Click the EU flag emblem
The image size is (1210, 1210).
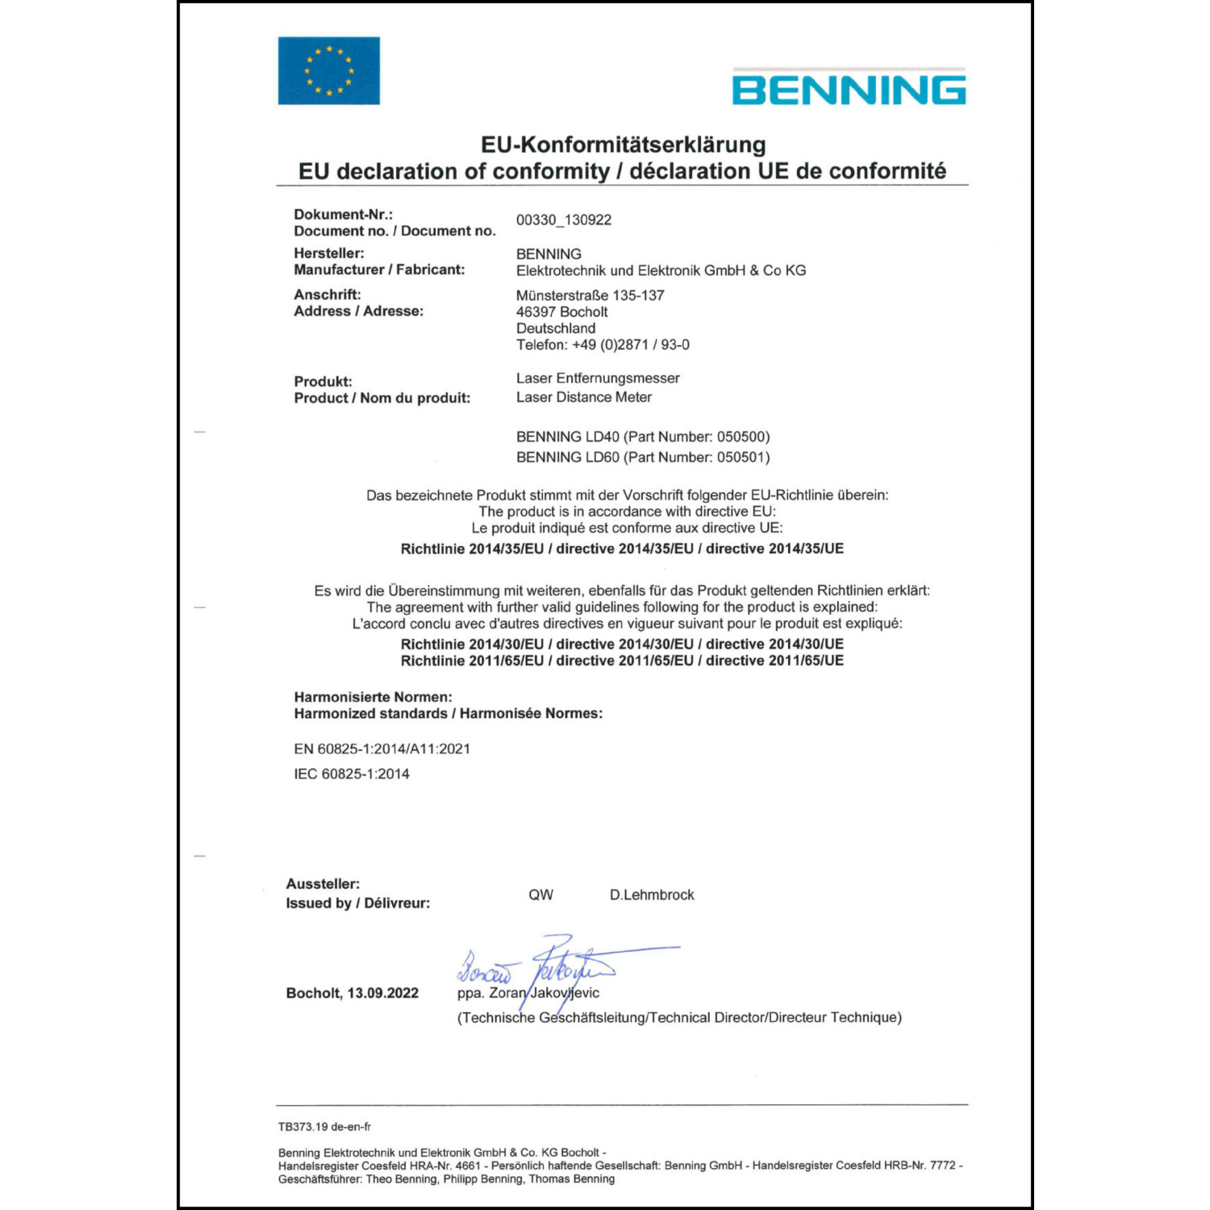(x=328, y=70)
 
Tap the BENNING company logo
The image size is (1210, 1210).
(x=849, y=89)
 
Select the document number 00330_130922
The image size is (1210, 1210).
(x=564, y=220)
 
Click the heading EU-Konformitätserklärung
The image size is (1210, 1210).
(x=623, y=144)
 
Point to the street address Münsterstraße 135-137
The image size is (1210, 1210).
(x=590, y=295)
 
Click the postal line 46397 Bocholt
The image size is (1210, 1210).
(x=561, y=312)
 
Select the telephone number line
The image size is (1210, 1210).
(x=603, y=345)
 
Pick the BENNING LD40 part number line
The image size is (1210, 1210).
(x=643, y=437)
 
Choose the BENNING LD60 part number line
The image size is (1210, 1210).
(x=643, y=457)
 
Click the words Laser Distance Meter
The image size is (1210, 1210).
(x=584, y=397)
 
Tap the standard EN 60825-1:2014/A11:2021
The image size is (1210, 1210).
(x=382, y=749)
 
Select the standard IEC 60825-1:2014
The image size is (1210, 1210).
(x=352, y=774)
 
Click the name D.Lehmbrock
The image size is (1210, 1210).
(x=652, y=895)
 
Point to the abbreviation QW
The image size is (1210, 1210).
(x=540, y=895)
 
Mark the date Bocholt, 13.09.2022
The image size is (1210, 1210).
(x=352, y=993)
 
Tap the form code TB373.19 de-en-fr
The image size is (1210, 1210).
(x=324, y=1127)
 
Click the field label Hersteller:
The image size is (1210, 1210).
(x=329, y=253)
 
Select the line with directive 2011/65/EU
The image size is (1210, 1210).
(x=622, y=661)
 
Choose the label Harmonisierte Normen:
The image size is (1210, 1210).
(x=373, y=697)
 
